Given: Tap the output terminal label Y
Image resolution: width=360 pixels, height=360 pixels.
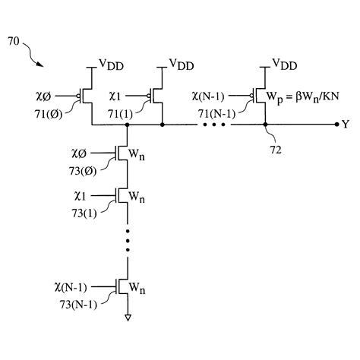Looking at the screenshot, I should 346,125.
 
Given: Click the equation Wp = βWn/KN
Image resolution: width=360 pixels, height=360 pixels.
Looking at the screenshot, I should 307,96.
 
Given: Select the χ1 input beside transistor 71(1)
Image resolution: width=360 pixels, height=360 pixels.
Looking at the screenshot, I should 133,96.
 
